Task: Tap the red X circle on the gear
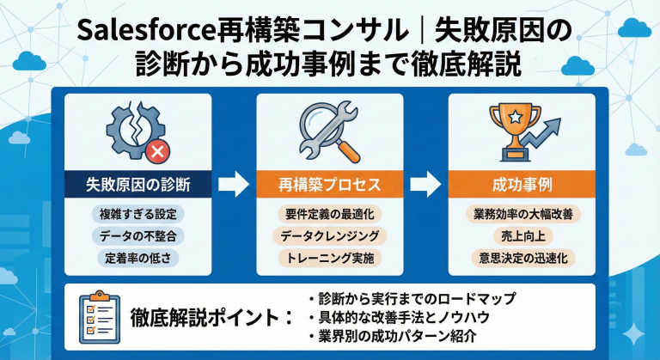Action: (x=157, y=153)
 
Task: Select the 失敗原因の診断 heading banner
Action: (x=138, y=185)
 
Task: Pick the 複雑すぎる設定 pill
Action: (x=138, y=213)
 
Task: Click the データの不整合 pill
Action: (x=138, y=235)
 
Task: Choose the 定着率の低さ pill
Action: (x=138, y=256)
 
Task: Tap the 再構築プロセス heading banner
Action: (x=330, y=185)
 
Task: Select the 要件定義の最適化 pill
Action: (x=330, y=213)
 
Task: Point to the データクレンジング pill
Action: (x=330, y=235)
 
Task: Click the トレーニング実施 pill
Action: (x=330, y=256)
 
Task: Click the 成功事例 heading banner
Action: (x=522, y=185)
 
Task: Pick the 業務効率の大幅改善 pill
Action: (x=522, y=213)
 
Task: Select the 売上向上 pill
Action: (x=522, y=235)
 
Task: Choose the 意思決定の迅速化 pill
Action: (x=522, y=256)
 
